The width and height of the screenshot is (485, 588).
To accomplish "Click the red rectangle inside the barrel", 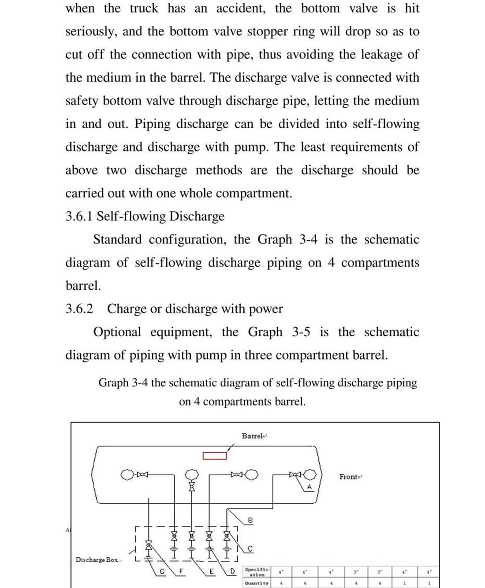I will point(215,455).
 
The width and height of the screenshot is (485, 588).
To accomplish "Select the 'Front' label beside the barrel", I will point(350,476).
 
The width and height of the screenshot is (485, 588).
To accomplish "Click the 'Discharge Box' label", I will point(97,560).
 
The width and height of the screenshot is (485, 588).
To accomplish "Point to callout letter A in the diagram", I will point(309,487).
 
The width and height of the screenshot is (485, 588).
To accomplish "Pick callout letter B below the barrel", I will point(250,520).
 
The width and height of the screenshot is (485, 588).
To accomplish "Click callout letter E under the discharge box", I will point(212,573).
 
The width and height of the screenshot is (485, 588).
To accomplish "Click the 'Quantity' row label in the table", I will point(257,583).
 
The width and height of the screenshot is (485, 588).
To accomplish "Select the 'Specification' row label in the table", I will point(257,572).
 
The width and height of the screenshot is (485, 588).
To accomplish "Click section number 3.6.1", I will point(79,216).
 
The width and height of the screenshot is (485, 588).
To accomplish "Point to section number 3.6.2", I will point(79,309).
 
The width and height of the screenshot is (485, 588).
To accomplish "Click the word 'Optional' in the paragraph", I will point(117,332).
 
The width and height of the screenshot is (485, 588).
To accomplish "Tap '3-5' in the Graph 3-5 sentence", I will point(301,332).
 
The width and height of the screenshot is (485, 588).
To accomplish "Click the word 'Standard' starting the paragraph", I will point(118,240).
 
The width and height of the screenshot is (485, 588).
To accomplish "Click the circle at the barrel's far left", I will point(128,475).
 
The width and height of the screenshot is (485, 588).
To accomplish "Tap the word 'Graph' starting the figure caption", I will point(113,383).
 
